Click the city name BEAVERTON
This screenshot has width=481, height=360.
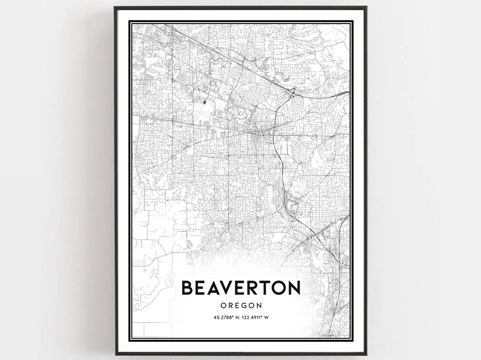tap(240, 288)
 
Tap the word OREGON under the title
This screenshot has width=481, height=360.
tap(240, 305)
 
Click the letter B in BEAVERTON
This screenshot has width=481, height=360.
tap(188, 288)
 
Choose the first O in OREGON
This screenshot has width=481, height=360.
tap(224, 305)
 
